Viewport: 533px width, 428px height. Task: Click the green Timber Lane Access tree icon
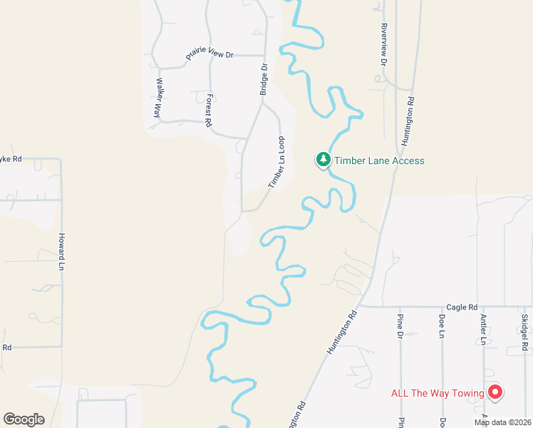[x=324, y=160]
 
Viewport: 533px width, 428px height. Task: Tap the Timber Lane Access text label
[x=380, y=160]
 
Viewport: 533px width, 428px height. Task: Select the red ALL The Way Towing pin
[x=495, y=392]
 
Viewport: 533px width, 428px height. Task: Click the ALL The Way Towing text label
[x=438, y=393]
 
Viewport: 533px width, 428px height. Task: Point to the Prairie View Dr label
[x=209, y=54]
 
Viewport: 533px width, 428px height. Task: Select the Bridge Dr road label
[x=264, y=78]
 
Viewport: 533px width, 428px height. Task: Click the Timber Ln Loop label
[x=276, y=162]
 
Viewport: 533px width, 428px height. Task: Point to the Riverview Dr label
[x=383, y=44]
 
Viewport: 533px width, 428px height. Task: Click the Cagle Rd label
[x=462, y=307]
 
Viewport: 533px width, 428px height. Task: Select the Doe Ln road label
[x=442, y=325]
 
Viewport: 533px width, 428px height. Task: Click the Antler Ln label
[x=483, y=329]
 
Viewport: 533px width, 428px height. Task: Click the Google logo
[x=24, y=419]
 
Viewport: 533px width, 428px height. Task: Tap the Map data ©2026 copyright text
[x=502, y=422]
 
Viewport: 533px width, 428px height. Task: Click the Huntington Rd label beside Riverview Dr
[x=408, y=118]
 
